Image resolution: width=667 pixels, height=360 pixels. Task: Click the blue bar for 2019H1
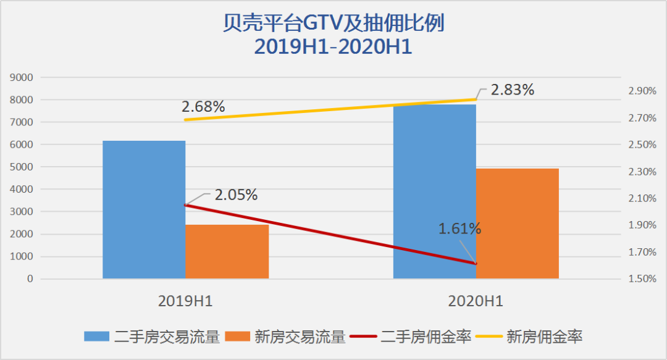click(x=144, y=210)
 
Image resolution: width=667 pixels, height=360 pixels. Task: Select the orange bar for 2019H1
click(x=227, y=251)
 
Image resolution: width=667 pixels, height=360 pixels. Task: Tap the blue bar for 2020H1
click(x=435, y=191)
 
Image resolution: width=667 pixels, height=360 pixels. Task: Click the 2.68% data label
click(x=203, y=106)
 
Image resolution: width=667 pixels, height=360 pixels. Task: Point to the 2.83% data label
click(x=512, y=90)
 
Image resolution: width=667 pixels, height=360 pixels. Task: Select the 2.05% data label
click(x=236, y=195)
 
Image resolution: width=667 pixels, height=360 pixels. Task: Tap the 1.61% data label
click(x=459, y=228)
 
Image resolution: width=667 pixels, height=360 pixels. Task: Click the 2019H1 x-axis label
click(x=185, y=301)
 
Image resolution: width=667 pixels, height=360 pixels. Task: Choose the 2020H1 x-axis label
click(x=476, y=301)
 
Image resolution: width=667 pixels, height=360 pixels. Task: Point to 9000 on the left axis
click(x=23, y=78)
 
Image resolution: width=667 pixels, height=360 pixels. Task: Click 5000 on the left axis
click(x=23, y=167)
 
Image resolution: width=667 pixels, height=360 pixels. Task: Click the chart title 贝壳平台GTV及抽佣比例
click(x=333, y=24)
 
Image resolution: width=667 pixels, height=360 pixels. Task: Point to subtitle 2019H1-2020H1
click(x=333, y=47)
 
